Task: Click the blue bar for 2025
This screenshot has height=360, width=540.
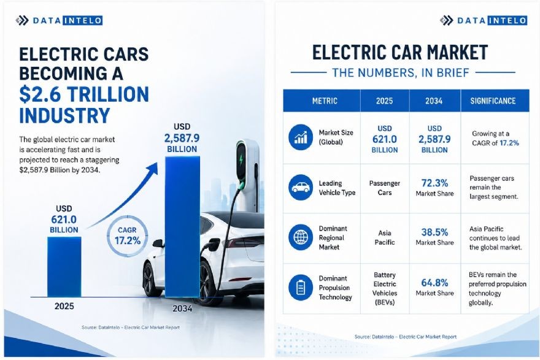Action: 64,267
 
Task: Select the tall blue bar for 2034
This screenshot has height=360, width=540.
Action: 182,227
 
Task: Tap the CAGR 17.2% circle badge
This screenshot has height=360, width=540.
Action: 128,236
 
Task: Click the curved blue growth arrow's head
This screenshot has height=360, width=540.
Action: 153,169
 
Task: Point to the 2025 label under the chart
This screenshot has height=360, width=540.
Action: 64,306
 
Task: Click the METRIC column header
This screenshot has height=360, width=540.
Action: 325,101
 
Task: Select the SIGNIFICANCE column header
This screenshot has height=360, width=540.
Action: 493,101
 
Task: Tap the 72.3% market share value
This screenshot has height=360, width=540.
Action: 434,183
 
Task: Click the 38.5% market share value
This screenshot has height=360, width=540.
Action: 434,232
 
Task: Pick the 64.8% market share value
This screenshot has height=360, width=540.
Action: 434,283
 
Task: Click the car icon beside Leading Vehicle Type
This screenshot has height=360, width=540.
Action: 301,187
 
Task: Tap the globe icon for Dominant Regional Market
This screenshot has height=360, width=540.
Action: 301,237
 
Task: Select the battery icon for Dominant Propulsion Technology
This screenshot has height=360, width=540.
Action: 301,288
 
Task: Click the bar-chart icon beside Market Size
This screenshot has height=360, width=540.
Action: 301,137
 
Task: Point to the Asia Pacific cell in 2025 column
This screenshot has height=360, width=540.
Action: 385,237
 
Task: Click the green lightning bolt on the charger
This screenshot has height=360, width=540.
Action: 241,160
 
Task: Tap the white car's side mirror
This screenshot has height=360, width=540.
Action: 158,243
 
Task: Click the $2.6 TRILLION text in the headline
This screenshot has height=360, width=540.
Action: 84,94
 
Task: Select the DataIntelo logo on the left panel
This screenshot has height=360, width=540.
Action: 59,21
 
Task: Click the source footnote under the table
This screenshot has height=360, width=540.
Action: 406,337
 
